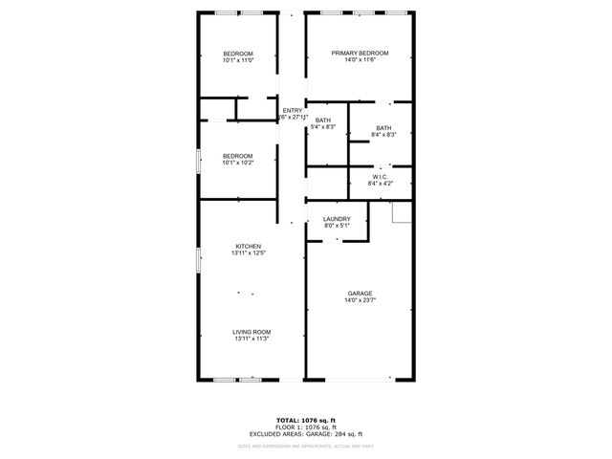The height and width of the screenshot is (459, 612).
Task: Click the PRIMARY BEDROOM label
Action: (x=360, y=53)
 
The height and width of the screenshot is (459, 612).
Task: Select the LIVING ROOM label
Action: (x=251, y=332)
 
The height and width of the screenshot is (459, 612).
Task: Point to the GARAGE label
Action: (x=360, y=294)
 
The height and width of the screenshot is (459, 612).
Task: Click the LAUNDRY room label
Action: (x=337, y=219)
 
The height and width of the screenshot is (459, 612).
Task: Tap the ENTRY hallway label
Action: (x=292, y=110)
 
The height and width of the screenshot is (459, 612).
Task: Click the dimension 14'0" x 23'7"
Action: (x=360, y=301)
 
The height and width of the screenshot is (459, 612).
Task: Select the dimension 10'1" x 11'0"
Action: (x=238, y=60)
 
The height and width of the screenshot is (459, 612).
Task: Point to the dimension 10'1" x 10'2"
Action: (x=238, y=164)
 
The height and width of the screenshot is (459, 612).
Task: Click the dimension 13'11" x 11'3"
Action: (x=251, y=339)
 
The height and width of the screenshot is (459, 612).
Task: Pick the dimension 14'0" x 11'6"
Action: (x=360, y=60)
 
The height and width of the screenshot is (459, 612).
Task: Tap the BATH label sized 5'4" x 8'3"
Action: (x=323, y=120)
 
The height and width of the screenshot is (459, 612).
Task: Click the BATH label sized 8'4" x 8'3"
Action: (x=383, y=128)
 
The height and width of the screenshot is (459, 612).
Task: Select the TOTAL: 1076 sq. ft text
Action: (x=306, y=420)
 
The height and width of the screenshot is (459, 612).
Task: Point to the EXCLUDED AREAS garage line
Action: (x=306, y=434)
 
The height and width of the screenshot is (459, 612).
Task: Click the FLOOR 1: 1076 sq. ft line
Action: (x=306, y=427)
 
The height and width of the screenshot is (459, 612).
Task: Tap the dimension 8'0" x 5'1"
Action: (x=337, y=227)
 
